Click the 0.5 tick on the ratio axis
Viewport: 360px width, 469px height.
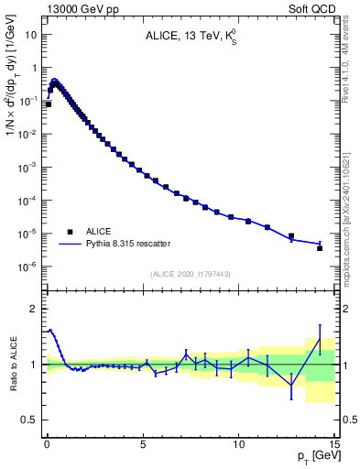(x=30, y=420)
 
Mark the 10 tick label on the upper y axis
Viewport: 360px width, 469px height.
(x=31, y=35)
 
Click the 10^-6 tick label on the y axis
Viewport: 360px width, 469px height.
(x=27, y=267)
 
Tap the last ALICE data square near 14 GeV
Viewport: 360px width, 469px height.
(x=320, y=248)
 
